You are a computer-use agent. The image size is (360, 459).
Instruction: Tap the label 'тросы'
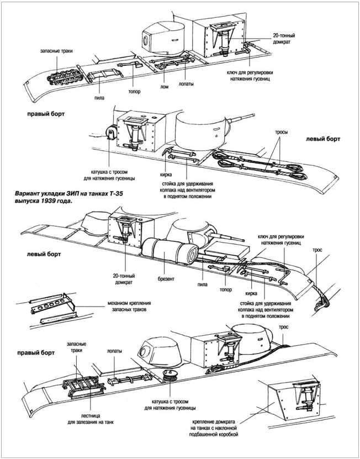tap(283, 133)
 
